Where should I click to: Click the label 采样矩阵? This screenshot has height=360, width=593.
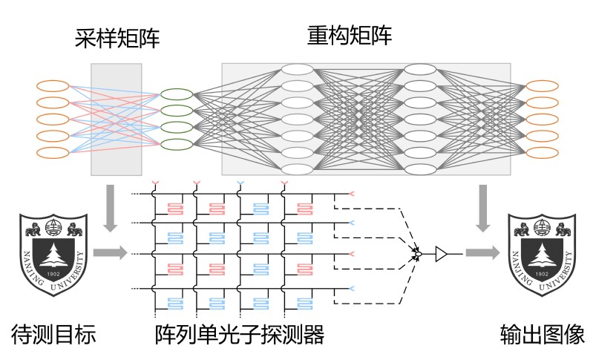[x=117, y=38]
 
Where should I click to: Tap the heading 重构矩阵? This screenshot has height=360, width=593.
[x=350, y=36]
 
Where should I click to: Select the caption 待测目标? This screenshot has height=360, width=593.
[x=53, y=334]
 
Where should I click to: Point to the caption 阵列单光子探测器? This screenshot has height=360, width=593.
[x=240, y=334]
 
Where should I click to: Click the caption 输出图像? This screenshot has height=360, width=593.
[x=543, y=334]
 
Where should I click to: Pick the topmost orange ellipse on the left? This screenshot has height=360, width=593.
[x=53, y=86]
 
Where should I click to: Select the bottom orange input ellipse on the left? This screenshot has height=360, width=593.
[x=53, y=153]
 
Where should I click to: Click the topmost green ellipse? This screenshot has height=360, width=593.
[x=177, y=94]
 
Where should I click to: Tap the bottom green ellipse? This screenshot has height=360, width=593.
[x=177, y=144]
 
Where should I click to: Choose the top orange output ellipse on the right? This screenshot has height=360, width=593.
[x=543, y=86]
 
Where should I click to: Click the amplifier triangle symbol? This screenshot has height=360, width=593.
[x=441, y=254]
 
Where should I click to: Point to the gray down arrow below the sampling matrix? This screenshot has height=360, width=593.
[x=111, y=208]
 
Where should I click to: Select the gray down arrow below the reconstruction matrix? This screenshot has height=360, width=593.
[x=483, y=208]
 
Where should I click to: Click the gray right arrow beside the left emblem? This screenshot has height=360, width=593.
[x=110, y=252]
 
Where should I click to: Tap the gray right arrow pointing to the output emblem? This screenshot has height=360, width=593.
[x=482, y=252]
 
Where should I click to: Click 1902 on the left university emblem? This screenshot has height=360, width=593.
[x=53, y=274]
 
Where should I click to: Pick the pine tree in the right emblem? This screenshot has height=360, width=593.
[x=542, y=255]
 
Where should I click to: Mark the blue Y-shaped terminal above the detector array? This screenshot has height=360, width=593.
[x=240, y=184]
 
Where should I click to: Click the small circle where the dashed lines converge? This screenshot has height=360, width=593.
[x=418, y=254]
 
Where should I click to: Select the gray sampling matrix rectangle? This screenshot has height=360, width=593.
[x=117, y=120]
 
